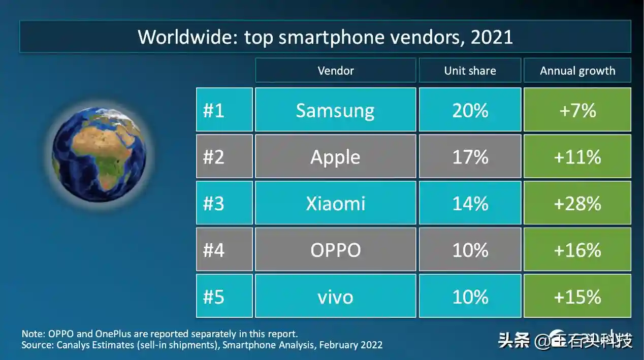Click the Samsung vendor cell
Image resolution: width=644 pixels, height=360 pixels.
[336, 110]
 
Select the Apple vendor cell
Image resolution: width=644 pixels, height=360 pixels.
[336, 156]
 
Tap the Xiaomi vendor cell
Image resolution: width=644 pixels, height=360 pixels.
[336, 203]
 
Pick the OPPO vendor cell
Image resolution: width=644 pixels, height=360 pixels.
[336, 249]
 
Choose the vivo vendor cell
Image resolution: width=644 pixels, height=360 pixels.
[336, 296]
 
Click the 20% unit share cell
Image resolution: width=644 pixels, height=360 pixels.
[470, 110]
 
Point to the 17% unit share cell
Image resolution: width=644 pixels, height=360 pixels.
[470, 156]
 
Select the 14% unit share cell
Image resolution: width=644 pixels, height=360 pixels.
[470, 203]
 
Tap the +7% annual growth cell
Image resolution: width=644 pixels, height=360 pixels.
[577, 110]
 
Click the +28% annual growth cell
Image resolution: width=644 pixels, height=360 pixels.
[577, 203]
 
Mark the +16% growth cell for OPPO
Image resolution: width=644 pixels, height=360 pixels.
[577, 249]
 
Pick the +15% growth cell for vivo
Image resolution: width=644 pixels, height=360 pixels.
[577, 296]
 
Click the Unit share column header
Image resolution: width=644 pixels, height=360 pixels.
[470, 71]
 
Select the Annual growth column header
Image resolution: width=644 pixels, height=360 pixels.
[577, 71]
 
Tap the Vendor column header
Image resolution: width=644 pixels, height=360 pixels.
[336, 71]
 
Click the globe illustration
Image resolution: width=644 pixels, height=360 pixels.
[99, 154]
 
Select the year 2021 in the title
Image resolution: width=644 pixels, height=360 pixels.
[492, 37]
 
